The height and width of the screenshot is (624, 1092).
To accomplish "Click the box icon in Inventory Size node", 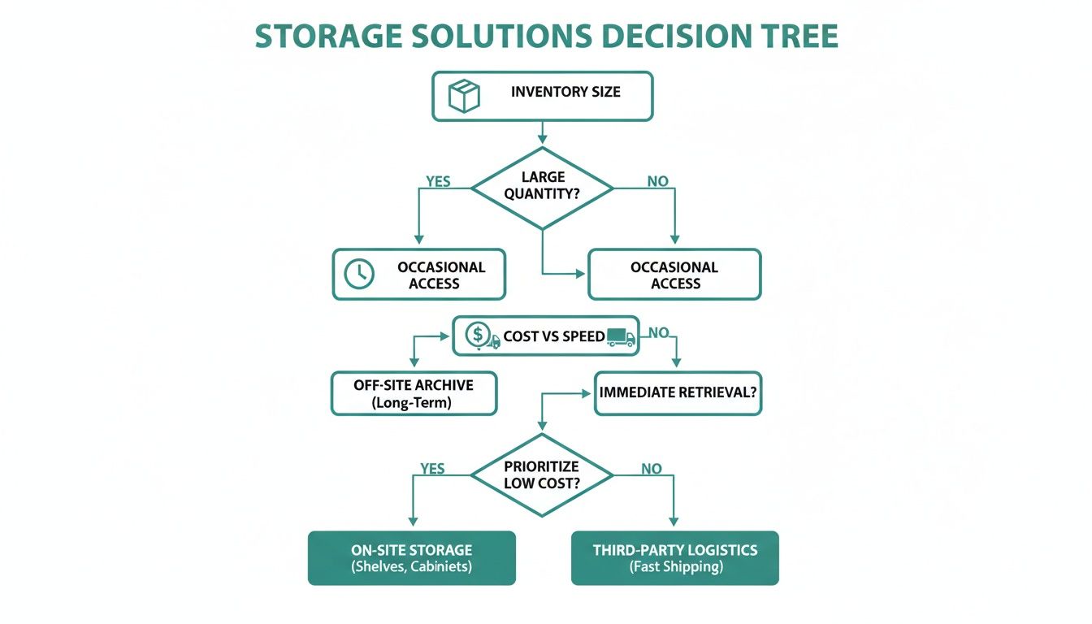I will coord(464,96).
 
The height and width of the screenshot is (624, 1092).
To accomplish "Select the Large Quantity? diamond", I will coord(542,188).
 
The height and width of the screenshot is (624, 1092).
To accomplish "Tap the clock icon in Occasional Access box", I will coord(359,275).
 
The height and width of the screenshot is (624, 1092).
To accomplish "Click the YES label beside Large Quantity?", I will coord(438,181).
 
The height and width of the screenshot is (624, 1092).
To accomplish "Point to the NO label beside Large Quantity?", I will coord(657,181).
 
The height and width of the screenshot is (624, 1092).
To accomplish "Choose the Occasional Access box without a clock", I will coord(674,275).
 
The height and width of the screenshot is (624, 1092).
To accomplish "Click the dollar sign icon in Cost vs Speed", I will coord(479,334).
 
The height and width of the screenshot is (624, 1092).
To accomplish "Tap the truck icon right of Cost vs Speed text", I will coord(621,336).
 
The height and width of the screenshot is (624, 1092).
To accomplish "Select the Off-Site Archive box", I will coord(414,393).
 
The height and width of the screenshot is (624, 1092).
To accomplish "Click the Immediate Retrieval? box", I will coord(678,392).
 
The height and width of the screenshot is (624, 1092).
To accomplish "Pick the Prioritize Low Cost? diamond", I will coord(542,474).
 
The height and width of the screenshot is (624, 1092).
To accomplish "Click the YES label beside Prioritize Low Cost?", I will coord(432,469).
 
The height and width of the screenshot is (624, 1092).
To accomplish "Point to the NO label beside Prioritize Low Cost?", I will coord(651,469).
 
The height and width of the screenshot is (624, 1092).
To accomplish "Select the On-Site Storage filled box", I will coord(411,557).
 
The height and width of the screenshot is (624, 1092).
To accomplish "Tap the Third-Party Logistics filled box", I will coord(674,557).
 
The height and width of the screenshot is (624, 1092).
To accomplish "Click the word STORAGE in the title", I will coord(327,37).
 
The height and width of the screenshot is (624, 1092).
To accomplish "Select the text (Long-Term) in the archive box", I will coord(414,402).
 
